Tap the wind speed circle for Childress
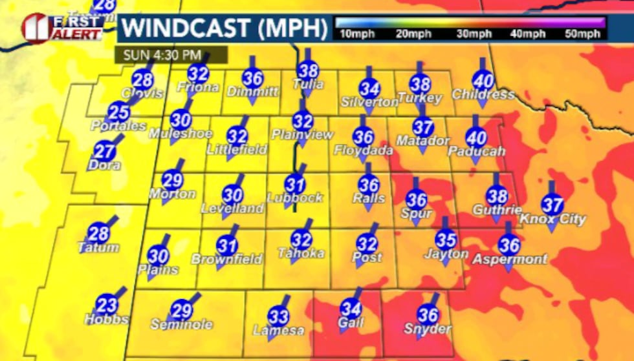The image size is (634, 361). pyautogui.click(x=483, y=81)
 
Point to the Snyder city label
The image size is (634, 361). pyautogui.click(x=428, y=329)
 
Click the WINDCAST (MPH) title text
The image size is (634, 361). pyautogui.click(x=223, y=28)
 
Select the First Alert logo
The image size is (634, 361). pyautogui.click(x=62, y=27)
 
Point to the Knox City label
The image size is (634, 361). pyautogui.click(x=553, y=220)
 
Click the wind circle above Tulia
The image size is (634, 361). pyautogui.click(x=308, y=72)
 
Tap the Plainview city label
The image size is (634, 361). pyautogui.click(x=302, y=135)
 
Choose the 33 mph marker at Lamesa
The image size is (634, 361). pyautogui.click(x=278, y=316)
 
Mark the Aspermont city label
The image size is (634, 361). pyautogui.click(x=510, y=260)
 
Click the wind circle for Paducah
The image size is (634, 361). pyautogui.click(x=476, y=138)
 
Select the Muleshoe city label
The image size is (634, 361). pyautogui.click(x=180, y=134)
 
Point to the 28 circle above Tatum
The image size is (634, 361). pyautogui.click(x=98, y=234)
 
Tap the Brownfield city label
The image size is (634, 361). pyautogui.click(x=227, y=260)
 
